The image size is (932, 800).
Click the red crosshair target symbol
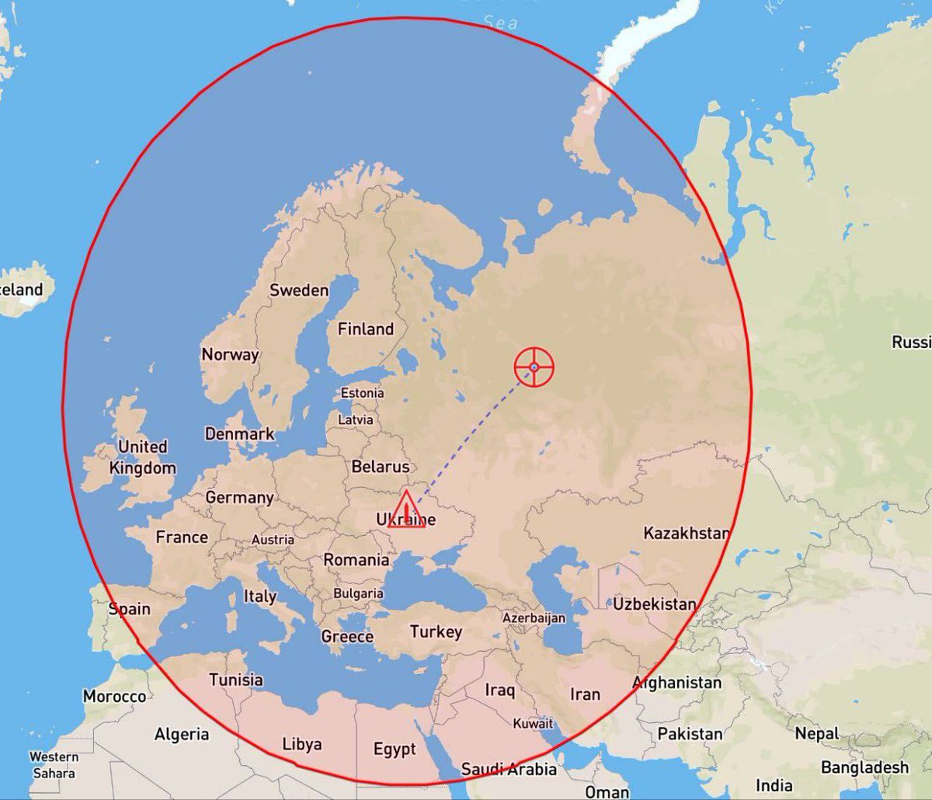coord(534,367)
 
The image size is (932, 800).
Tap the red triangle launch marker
coord(406,511)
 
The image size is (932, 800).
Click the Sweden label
coord(299,290)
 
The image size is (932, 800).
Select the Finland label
coord(365,329)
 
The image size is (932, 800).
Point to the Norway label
coord(230,355)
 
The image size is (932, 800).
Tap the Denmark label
coord(239,434)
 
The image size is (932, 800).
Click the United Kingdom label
coord(143,457)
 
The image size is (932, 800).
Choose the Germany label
coord(239,498)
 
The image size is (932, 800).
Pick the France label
coord(182,537)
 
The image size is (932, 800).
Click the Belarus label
coord(380,467)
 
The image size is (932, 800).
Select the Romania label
coord(356,560)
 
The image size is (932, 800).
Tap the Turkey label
coord(436,632)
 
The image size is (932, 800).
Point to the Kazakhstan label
coord(687,534)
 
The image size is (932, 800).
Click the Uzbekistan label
coord(654,603)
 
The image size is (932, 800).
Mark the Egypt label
coord(395,750)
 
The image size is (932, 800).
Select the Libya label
coord(301,744)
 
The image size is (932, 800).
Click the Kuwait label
coord(533,724)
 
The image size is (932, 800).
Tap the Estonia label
coord(362,393)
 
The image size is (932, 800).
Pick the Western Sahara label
coord(54,765)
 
